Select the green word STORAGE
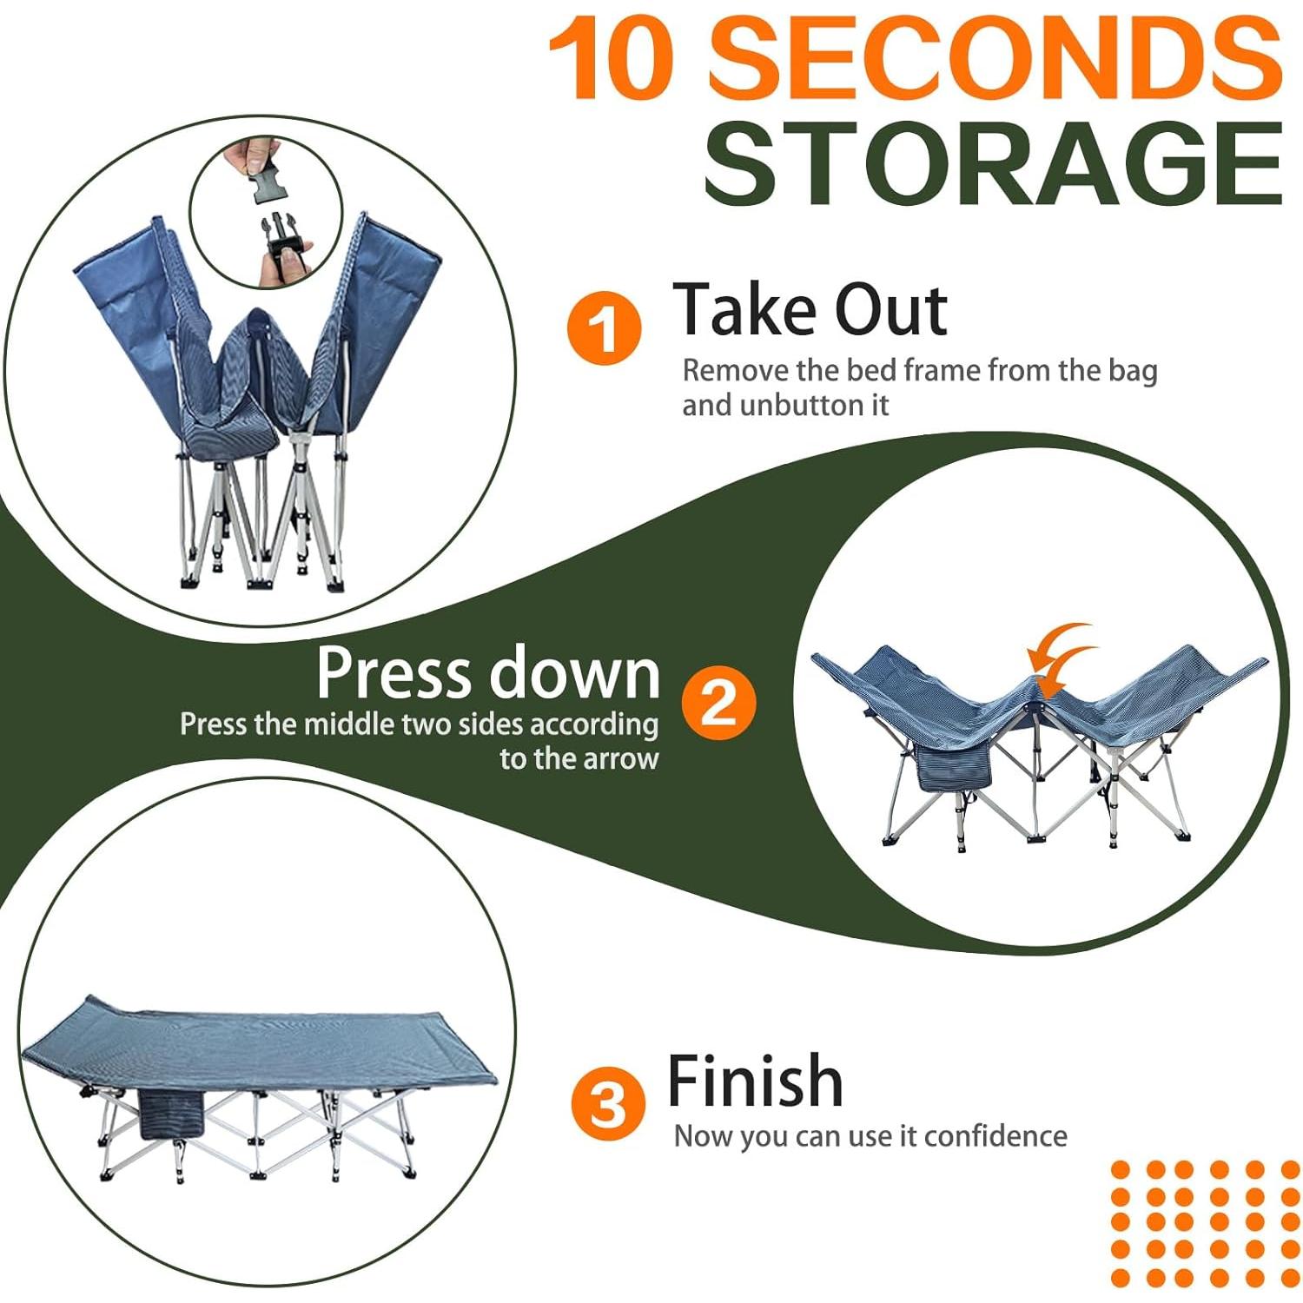click(993, 163)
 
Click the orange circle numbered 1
click(604, 329)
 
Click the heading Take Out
click(810, 309)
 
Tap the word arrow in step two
click(620, 758)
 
